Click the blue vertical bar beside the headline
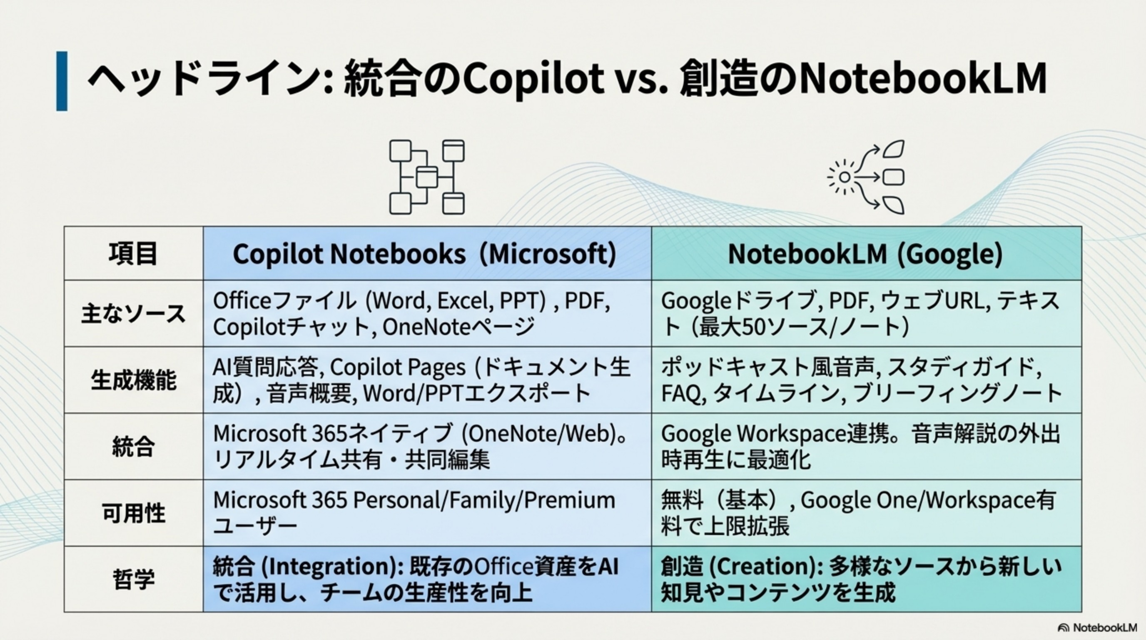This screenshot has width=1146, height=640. click(x=62, y=81)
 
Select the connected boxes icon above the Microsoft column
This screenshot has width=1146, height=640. click(x=427, y=177)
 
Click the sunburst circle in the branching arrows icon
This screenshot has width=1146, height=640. click(x=844, y=177)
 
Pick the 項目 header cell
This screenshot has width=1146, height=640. click(x=133, y=254)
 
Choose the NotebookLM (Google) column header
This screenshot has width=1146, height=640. click(x=865, y=254)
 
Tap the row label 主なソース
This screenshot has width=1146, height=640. click(x=133, y=314)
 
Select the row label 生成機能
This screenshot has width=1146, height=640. click(x=133, y=380)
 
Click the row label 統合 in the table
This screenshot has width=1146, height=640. click(x=133, y=446)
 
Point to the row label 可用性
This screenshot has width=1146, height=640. click(x=133, y=513)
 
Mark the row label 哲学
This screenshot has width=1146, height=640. click(x=133, y=579)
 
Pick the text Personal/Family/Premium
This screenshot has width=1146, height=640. click(x=484, y=500)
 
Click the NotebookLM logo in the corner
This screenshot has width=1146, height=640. click(x=1097, y=627)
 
